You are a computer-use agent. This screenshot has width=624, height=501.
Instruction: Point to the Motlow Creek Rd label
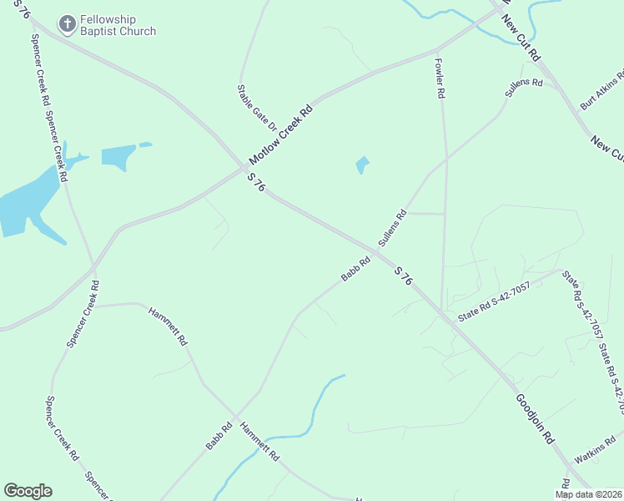tap(280, 134)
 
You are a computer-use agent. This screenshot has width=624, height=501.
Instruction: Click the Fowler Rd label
tap(440, 78)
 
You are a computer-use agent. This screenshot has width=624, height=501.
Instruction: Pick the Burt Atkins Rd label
tap(602, 91)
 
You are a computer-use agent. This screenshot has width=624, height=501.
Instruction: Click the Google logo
tap(28, 491)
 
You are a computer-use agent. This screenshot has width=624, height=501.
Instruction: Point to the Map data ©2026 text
tap(588, 494)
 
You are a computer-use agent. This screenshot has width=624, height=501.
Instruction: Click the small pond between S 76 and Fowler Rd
tap(362, 164)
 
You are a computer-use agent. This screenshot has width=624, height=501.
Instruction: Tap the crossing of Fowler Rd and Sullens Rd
tap(445, 159)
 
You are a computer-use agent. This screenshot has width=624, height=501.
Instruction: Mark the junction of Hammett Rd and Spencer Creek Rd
tap(94, 306)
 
